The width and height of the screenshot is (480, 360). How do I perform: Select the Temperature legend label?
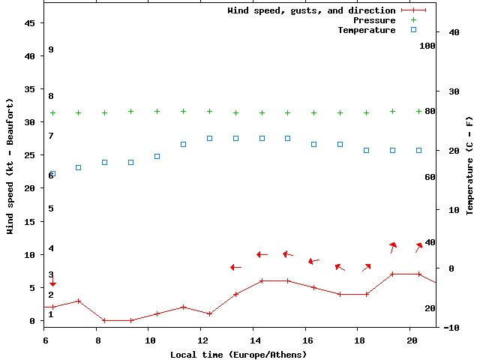366,30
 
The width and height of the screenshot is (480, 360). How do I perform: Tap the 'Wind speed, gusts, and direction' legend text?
311,10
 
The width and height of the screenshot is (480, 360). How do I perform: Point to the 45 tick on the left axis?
30,23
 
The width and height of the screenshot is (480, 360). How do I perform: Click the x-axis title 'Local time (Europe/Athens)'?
238,354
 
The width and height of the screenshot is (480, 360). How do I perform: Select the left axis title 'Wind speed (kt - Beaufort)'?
10,166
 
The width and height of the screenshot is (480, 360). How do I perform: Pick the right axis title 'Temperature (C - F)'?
469,166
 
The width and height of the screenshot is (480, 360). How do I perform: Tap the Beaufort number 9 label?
51,49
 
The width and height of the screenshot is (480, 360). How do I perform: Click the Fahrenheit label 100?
427,46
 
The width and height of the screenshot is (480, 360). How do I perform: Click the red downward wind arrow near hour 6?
52,281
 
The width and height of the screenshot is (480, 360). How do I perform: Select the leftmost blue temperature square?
52,174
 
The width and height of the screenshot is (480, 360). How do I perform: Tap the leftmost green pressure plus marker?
52,113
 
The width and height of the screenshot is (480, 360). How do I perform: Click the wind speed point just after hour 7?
78,301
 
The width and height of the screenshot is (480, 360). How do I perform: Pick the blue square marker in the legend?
413,30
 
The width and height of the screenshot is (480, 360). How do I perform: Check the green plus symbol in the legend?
413,20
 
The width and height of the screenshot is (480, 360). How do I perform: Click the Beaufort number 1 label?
51,314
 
